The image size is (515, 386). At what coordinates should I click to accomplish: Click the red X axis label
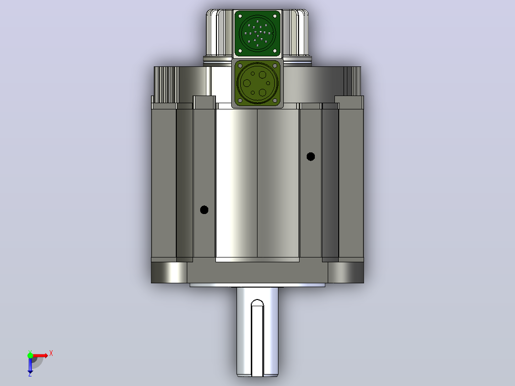[51, 354]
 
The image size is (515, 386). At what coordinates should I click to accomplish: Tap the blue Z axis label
[30, 374]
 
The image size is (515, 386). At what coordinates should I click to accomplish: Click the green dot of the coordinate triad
[30, 355]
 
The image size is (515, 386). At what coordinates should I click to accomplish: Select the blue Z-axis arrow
[30, 365]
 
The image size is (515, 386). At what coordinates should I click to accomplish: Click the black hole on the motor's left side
[204, 210]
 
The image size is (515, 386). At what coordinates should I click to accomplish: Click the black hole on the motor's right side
[311, 157]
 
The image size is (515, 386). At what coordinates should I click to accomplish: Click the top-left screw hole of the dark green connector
[240, 16]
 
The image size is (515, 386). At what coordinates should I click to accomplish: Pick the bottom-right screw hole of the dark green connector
[275, 51]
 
